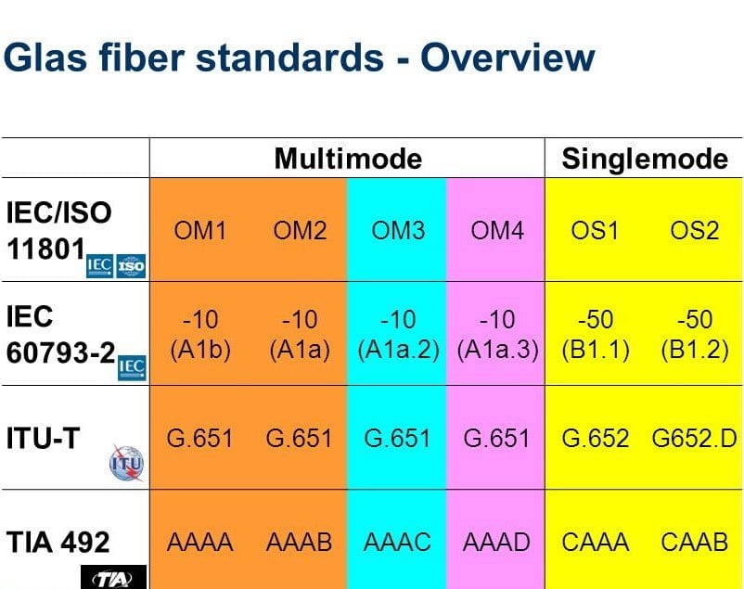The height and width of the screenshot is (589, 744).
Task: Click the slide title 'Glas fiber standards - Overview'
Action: (x=299, y=58)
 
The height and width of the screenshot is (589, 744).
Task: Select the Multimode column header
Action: (x=347, y=159)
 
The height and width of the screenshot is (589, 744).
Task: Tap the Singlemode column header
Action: (x=645, y=159)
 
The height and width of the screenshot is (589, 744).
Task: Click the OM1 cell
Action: (x=200, y=230)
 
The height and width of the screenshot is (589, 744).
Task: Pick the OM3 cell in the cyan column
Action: (x=398, y=230)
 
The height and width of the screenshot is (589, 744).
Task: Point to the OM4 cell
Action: (x=497, y=230)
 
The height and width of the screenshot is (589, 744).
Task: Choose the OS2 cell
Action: (x=695, y=230)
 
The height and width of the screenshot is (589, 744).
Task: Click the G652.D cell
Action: (x=695, y=438)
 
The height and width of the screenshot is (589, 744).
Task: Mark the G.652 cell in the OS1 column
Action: (x=596, y=438)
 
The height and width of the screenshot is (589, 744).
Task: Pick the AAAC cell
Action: (x=398, y=542)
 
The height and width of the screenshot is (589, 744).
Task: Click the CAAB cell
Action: (x=695, y=542)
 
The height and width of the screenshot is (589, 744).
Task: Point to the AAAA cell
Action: (x=200, y=542)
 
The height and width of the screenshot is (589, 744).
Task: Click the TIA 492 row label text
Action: (x=58, y=540)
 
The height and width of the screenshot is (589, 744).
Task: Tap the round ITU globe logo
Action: (x=126, y=461)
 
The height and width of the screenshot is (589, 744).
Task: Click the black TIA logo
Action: (x=114, y=579)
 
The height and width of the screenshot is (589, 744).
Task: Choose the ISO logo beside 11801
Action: (x=132, y=266)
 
